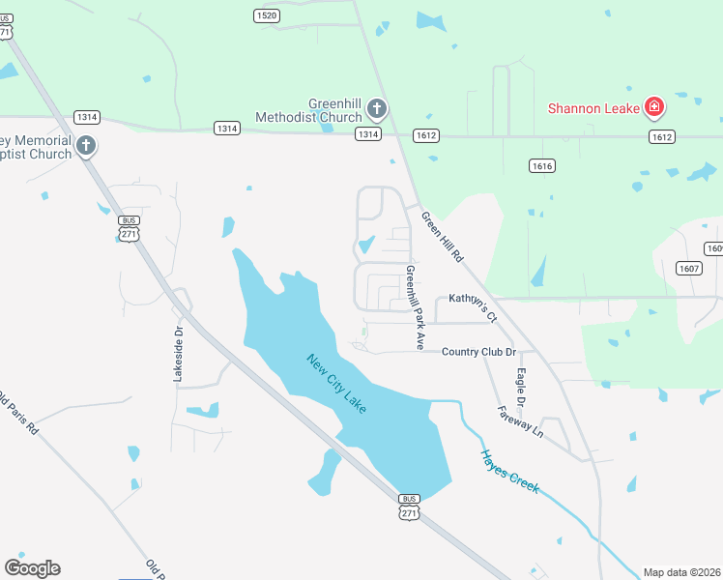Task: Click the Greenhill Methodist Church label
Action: click(x=308, y=110)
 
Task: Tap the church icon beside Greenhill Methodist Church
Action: click(x=376, y=108)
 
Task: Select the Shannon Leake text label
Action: click(x=593, y=108)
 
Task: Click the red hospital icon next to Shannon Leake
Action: click(x=654, y=106)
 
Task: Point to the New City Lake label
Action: click(x=336, y=385)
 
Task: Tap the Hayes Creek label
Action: click(x=508, y=474)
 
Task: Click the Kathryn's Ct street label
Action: click(x=472, y=306)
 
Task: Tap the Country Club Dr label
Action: click(x=478, y=352)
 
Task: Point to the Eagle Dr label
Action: click(x=521, y=387)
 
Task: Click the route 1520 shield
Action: click(x=267, y=15)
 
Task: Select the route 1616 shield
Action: click(x=542, y=166)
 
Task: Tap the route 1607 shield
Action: click(x=688, y=269)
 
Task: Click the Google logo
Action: click(x=32, y=568)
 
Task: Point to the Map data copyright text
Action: click(x=681, y=572)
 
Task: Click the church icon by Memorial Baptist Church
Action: click(x=86, y=146)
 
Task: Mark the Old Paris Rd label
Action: click(x=16, y=412)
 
